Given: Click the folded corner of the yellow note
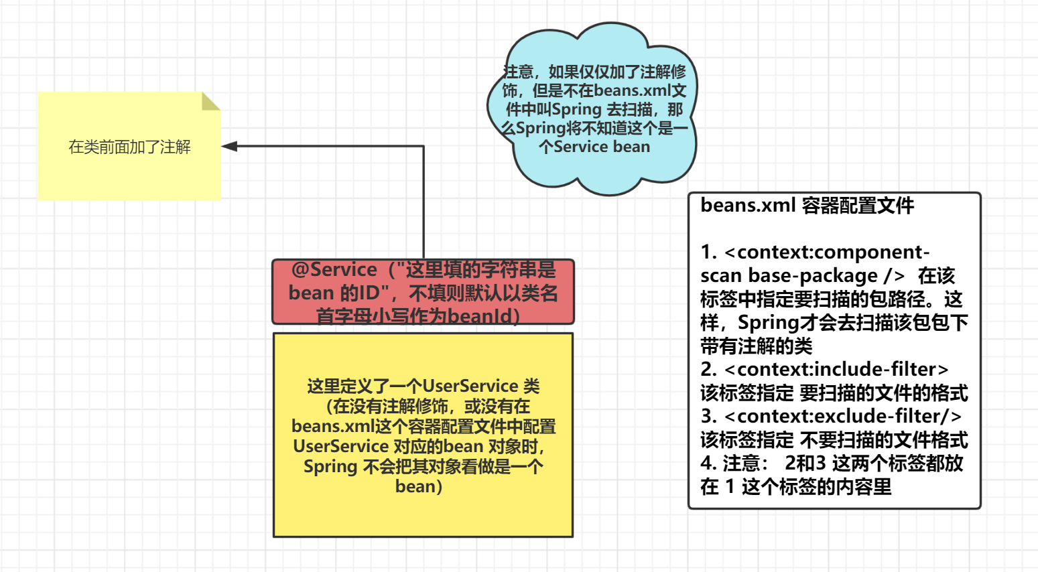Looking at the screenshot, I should point(210,101).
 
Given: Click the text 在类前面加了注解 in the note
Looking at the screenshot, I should point(129,147).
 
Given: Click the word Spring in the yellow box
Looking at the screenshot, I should point(330,466).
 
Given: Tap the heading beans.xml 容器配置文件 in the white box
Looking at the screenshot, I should point(807,206).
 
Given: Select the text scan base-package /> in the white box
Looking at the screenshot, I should point(802,276).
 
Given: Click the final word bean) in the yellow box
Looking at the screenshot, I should point(419,486).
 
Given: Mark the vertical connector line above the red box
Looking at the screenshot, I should point(424,201).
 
